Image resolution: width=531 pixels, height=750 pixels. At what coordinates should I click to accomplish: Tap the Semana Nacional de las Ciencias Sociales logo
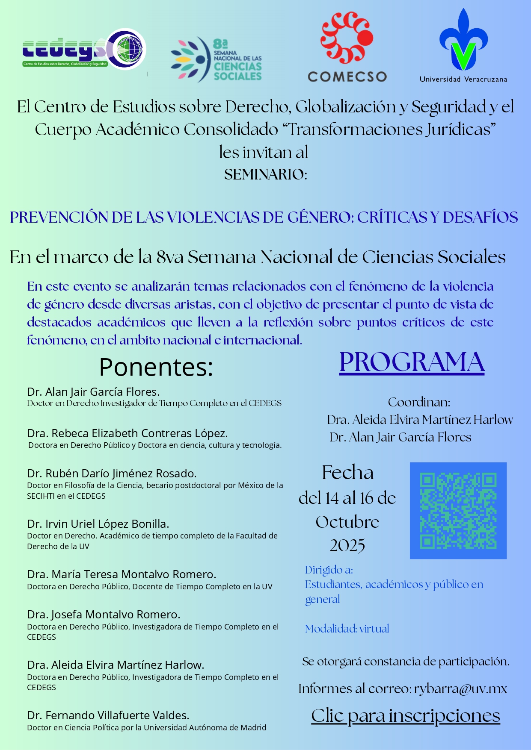pyautogui.click(x=216, y=59)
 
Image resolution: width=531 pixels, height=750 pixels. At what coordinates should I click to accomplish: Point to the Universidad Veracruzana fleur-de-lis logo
pyautogui.click(x=463, y=41)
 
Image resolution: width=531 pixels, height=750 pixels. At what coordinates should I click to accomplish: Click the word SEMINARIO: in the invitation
pyautogui.click(x=265, y=174)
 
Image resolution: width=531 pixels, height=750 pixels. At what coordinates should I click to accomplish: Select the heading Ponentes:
pyautogui.click(x=156, y=367)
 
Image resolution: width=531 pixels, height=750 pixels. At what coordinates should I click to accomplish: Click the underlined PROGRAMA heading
pyautogui.click(x=412, y=362)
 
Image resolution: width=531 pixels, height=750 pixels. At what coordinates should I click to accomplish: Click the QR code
pyautogui.click(x=458, y=510)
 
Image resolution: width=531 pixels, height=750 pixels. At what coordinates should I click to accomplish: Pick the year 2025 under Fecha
pyautogui.click(x=347, y=545)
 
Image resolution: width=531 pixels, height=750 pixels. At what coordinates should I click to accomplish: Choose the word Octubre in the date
pyautogui.click(x=347, y=522)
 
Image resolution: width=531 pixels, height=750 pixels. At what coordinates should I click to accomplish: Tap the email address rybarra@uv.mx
pyautogui.click(x=460, y=688)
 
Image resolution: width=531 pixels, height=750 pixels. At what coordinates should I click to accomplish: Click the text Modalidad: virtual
pyautogui.click(x=347, y=629)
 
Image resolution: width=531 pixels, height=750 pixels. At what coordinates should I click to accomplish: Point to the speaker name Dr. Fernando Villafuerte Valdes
pyautogui.click(x=108, y=715)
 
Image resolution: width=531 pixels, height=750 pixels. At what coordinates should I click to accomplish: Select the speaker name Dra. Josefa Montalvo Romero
pyautogui.click(x=104, y=614)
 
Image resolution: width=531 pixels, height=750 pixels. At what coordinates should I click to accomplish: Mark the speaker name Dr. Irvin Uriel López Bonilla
pyautogui.click(x=98, y=524)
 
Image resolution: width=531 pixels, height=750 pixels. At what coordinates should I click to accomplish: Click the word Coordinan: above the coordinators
pyautogui.click(x=419, y=402)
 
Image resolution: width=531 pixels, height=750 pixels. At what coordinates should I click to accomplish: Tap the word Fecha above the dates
pyautogui.click(x=347, y=473)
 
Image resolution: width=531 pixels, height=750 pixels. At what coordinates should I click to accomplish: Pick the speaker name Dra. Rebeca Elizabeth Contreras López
pyautogui.click(x=127, y=433)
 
